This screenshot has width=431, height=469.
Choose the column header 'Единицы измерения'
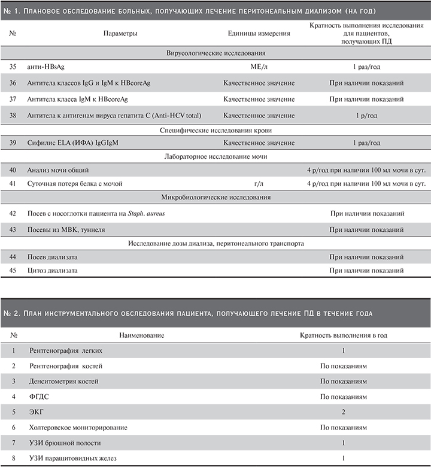[x=259, y=34]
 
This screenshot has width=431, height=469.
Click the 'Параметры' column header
[x=120, y=34]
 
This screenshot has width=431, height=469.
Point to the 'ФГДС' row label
[x=38, y=397]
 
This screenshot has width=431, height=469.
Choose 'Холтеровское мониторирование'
[x=77, y=428]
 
